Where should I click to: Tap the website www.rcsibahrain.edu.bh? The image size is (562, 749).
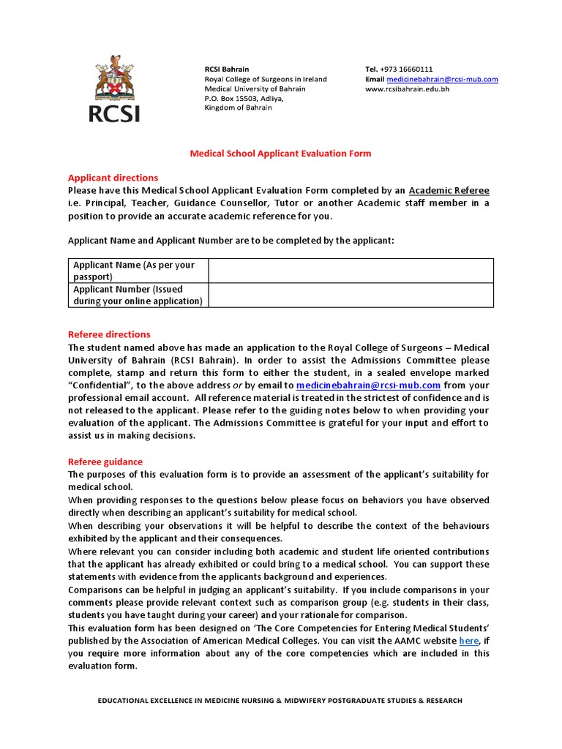coord(407,89)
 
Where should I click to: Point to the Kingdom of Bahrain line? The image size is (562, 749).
coord(238,108)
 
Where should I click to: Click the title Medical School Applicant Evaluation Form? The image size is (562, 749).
coord(280,154)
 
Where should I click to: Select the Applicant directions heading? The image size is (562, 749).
coord(113,178)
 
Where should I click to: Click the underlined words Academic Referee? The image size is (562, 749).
coord(449,190)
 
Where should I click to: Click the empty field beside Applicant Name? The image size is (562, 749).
coord(351,271)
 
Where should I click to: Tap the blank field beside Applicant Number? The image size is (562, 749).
coord(351,295)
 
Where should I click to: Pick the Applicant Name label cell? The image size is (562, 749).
coord(138,271)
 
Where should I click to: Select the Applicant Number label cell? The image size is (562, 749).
coord(138,295)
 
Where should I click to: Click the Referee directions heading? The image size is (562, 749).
coord(109,334)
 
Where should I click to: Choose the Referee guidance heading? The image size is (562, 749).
coord(105,462)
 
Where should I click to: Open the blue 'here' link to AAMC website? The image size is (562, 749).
coord(468,641)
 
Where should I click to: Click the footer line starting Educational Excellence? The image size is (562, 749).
coord(280,701)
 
